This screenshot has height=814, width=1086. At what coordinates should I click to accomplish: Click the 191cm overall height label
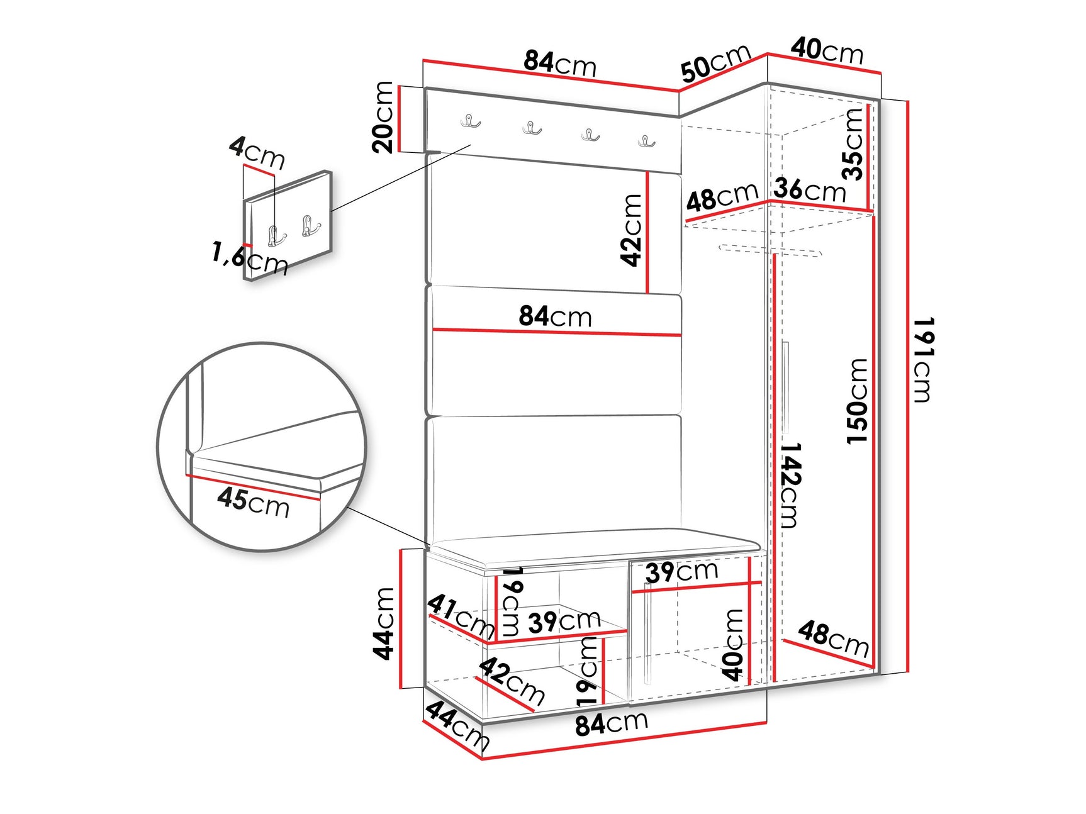coord(923,359)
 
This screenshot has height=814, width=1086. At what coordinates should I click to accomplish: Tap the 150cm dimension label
coord(858,401)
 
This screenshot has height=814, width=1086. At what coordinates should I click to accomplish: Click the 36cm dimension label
coord(810,189)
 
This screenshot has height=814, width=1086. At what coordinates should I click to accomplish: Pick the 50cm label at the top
coord(716,63)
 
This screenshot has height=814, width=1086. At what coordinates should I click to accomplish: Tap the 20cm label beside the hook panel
coord(383,117)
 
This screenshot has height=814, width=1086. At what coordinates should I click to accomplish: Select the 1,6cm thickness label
coord(250,258)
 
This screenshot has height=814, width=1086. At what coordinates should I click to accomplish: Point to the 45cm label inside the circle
coord(254,502)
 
